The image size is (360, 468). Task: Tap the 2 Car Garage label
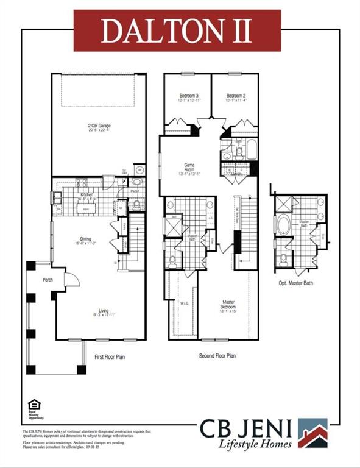click(99, 126)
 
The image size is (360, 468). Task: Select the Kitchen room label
click(88, 194)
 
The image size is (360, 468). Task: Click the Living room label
click(99, 311)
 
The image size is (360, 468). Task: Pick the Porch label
click(47, 282)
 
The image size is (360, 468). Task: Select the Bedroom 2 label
click(236, 96)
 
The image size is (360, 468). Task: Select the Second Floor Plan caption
click(217, 356)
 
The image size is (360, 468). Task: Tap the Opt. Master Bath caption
click(296, 283)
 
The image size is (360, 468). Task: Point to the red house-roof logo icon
click(312, 433)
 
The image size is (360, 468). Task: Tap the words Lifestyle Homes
click(255, 444)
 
